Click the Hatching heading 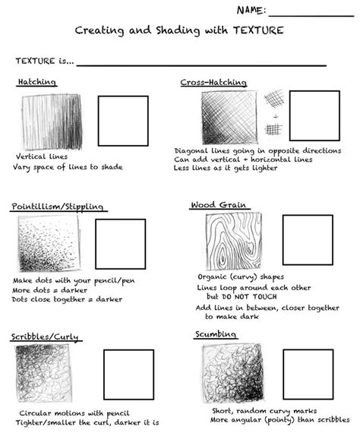[x=36, y=82]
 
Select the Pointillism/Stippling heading [x=58, y=207]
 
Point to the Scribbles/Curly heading [x=45, y=336]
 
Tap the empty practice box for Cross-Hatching [x=314, y=115]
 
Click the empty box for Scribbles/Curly [x=128, y=374]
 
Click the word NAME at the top [x=250, y=10]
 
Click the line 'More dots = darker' [x=50, y=289]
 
